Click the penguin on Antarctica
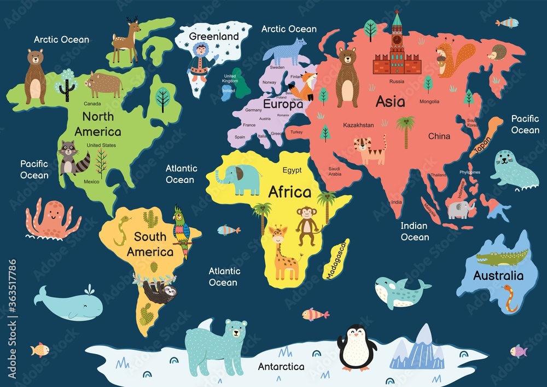(x=357, y=348)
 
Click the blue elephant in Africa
(x=240, y=180)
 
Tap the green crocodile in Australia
(x=501, y=257)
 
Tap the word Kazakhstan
(x=358, y=125)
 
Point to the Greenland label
(x=214, y=37)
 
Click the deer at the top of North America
(x=126, y=39)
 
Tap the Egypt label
(x=292, y=170)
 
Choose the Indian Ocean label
(x=415, y=231)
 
